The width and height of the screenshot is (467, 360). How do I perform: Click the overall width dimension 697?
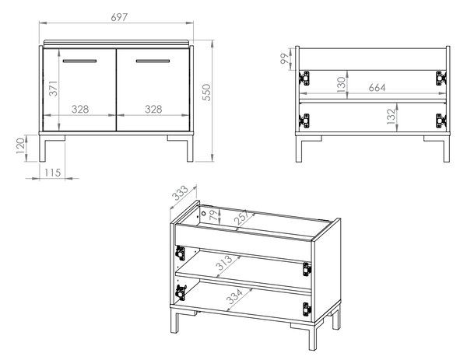[119, 17]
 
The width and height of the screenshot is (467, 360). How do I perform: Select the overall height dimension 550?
[206, 93]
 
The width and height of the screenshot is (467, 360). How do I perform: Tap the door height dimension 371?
[54, 88]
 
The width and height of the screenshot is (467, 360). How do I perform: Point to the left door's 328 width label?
[80, 109]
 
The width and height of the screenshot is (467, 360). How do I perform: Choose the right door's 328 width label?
[153, 109]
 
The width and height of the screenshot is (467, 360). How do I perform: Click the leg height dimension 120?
[20, 145]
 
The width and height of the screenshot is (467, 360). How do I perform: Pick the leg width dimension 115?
[52, 173]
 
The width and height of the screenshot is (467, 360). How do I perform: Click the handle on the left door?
[79, 61]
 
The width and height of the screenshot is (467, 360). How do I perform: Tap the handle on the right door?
[153, 61]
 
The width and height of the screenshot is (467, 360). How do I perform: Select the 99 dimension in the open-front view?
[285, 58]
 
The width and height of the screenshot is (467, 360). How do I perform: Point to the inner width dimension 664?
[377, 87]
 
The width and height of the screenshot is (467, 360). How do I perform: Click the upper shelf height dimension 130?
[342, 85]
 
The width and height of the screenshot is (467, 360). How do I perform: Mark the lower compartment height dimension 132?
[392, 117]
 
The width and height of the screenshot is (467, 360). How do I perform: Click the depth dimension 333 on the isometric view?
[181, 193]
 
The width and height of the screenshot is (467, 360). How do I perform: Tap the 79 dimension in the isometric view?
[213, 215]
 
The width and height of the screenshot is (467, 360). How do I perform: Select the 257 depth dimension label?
[241, 217]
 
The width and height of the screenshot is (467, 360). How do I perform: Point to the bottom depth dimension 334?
[235, 295]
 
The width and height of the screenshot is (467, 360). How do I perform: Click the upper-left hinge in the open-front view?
[304, 79]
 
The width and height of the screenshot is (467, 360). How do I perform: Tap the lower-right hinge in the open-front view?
[441, 121]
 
